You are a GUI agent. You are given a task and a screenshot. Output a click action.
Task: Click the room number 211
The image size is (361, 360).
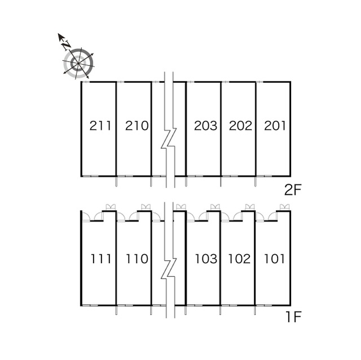point(100,126)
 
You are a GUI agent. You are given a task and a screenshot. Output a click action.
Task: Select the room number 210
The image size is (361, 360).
point(137,126)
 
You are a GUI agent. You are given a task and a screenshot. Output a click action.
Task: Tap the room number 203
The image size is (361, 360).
point(205,126)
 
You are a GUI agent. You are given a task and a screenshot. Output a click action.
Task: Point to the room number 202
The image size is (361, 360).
point(240,126)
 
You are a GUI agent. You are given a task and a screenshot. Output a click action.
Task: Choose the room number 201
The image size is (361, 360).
point(275,126)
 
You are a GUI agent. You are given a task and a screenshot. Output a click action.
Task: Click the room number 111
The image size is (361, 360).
point(101,259)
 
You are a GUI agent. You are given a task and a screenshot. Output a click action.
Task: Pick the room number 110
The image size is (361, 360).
point(137,259)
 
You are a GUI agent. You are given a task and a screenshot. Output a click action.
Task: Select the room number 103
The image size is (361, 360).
point(206,259)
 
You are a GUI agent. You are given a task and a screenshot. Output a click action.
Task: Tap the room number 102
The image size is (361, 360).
point(239,259)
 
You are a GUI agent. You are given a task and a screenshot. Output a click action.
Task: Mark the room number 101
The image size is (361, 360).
point(275,259)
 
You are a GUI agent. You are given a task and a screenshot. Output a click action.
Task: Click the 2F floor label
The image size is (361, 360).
point(293,190)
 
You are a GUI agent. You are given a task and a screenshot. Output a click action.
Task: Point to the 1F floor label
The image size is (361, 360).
point(293,317)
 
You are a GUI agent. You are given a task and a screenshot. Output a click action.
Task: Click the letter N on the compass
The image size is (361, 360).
point(67,45)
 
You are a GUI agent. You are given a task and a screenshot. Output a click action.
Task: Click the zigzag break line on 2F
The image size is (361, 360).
point(169,138)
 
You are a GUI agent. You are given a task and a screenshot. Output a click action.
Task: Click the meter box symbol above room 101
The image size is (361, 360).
point(284,207)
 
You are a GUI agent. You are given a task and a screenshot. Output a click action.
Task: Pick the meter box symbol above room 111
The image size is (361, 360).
point(111,207)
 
